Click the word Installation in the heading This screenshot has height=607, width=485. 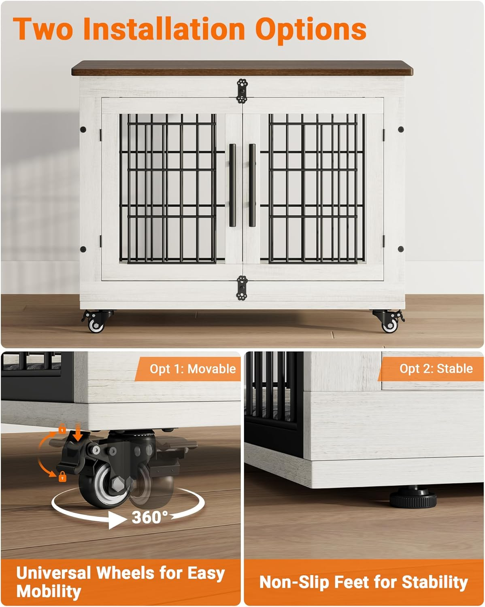pos(164,29)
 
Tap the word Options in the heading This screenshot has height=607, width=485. pos(311,29)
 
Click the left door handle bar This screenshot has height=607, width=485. pos(232,185)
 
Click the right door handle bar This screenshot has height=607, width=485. pos(252,185)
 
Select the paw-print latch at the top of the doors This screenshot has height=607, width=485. pos(242,91)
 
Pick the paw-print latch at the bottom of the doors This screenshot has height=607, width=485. pos(242,287)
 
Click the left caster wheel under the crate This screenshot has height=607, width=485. pos(96,324)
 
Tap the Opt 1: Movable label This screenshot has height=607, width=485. pos(192,369)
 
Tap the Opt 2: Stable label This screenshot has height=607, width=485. pos(436,368)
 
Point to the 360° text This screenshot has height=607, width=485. pos(149,517)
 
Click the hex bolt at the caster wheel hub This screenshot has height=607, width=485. pos(114,485)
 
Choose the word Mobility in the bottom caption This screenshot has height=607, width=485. pos(49,591)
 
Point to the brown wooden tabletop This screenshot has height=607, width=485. pos(242,68)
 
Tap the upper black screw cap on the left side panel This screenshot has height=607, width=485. pos(83,129)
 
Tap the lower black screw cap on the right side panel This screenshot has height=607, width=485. pos(400,248)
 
